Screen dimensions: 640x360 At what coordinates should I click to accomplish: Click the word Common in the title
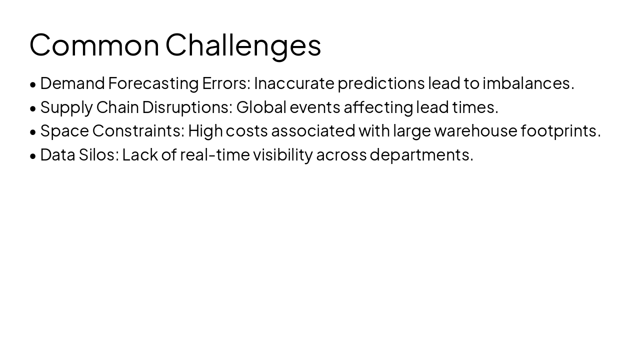(94, 45)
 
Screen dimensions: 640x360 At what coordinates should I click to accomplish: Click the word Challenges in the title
(243, 47)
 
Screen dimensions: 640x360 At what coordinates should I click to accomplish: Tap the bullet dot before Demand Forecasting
(33, 84)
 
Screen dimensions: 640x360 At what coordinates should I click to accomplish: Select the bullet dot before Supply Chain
(33, 108)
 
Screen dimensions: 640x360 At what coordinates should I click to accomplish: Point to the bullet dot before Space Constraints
(33, 132)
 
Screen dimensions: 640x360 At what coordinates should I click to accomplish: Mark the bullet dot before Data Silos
(33, 156)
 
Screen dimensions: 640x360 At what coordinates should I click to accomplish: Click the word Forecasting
(153, 84)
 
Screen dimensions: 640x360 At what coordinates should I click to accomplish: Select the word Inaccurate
(294, 83)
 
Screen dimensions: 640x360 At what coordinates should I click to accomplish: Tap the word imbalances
(528, 83)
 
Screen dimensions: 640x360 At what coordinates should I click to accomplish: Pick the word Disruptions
(187, 108)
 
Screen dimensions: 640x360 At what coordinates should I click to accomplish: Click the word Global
(261, 107)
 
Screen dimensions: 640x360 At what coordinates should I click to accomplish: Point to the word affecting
(378, 108)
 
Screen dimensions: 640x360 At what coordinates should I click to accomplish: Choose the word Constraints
(138, 131)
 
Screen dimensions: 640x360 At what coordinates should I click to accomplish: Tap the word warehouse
(475, 131)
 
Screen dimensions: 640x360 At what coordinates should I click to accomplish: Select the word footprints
(561, 131)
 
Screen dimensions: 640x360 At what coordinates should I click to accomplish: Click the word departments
(421, 155)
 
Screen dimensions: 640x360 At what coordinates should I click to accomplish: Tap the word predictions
(381, 84)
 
